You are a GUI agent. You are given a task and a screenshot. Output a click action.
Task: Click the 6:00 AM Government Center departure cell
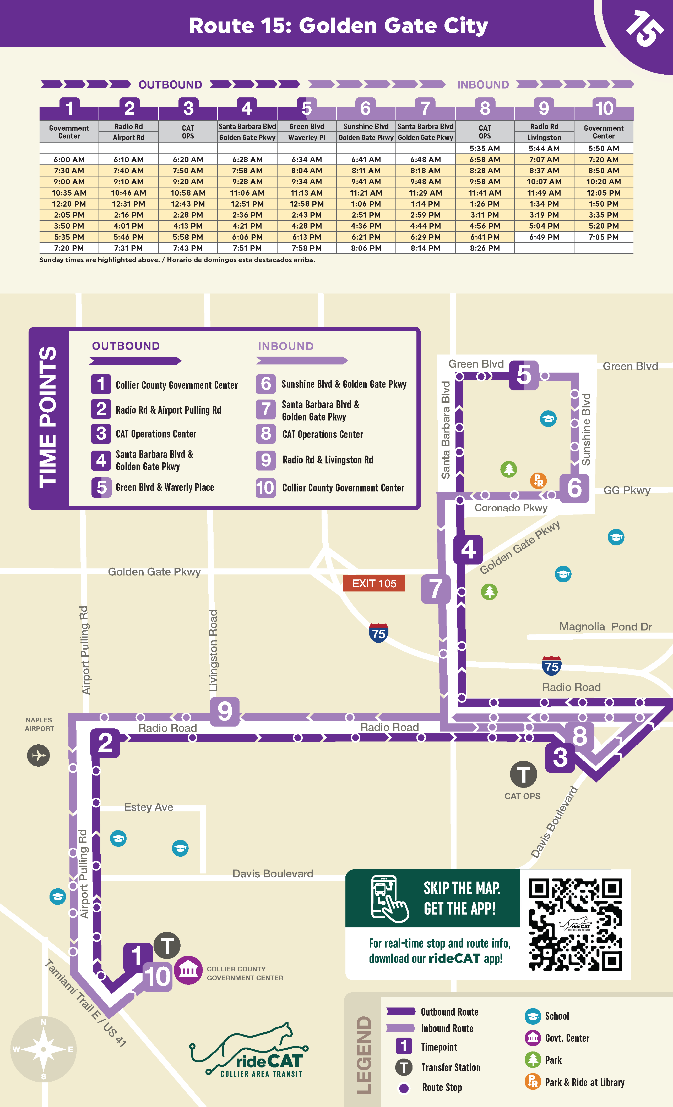pyautogui.click(x=69, y=159)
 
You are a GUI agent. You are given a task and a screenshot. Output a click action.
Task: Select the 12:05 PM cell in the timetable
pyautogui.click(x=603, y=193)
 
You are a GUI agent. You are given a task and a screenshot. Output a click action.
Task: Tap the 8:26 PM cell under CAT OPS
pyautogui.click(x=485, y=248)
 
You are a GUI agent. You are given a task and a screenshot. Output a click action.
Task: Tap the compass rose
pyautogui.click(x=43, y=1049)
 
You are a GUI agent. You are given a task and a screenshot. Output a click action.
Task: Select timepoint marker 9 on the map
pyautogui.click(x=224, y=711)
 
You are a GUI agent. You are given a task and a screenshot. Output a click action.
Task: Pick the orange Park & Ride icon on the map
pyautogui.click(x=538, y=480)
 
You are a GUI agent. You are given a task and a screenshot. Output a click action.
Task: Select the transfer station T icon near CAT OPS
pyautogui.click(x=523, y=774)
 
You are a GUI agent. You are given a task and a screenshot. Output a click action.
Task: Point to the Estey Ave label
pyautogui.click(x=148, y=807)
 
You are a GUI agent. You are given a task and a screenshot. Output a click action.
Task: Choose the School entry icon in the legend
pyautogui.click(x=533, y=1016)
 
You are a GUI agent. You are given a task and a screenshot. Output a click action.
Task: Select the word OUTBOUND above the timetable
pyautogui.click(x=170, y=85)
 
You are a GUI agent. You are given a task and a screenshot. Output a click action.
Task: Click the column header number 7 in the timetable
pyautogui.click(x=425, y=108)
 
